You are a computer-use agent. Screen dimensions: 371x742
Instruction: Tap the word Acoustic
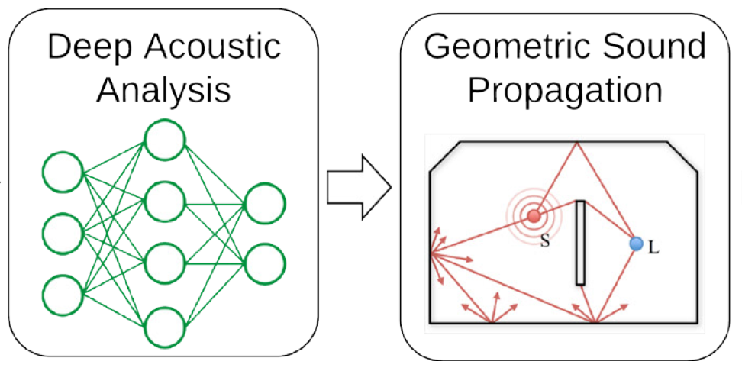coord(216,47)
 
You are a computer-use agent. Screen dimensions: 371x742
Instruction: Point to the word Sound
coord(657,47)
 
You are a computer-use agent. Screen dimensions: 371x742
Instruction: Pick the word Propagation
coord(565,90)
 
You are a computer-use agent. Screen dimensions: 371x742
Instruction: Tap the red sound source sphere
coord(534,216)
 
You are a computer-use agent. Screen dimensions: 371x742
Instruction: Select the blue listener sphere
coord(636,244)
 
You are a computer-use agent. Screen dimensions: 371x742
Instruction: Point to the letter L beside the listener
coord(653,249)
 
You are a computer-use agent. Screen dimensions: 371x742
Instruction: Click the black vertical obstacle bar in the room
coord(581,242)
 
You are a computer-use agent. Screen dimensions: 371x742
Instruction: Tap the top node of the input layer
coord(63,173)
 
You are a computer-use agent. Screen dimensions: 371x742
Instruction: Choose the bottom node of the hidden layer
coord(165,326)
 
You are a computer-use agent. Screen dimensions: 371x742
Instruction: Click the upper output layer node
coord(265,203)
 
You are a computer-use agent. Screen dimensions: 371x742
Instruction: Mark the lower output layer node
coord(265,264)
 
